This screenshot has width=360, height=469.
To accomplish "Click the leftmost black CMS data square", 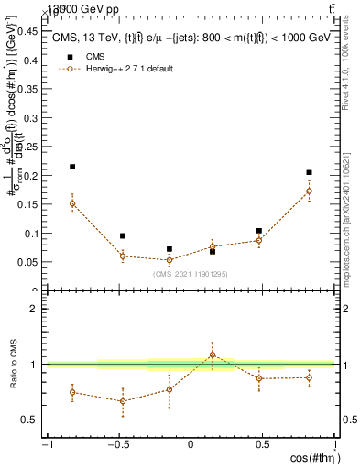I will click(72, 167).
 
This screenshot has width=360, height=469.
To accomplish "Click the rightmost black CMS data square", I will click(310, 172).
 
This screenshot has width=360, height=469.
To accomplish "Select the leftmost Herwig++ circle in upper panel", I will click(72, 203).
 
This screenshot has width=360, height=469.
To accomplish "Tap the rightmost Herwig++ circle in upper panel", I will click(310, 191).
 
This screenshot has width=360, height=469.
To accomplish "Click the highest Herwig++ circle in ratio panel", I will click(213, 354).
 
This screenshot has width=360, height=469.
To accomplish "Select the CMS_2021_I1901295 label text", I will click(190, 273).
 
